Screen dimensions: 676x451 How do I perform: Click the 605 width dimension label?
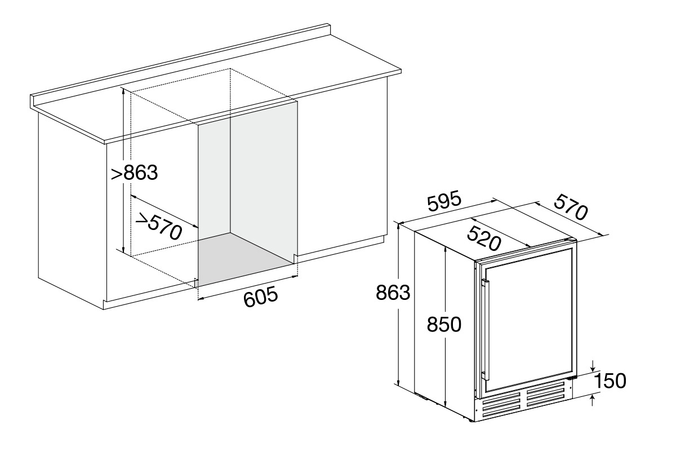[x=260, y=297]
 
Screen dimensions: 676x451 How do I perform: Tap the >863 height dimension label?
[x=134, y=173]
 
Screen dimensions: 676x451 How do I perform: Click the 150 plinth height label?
[x=610, y=381]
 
